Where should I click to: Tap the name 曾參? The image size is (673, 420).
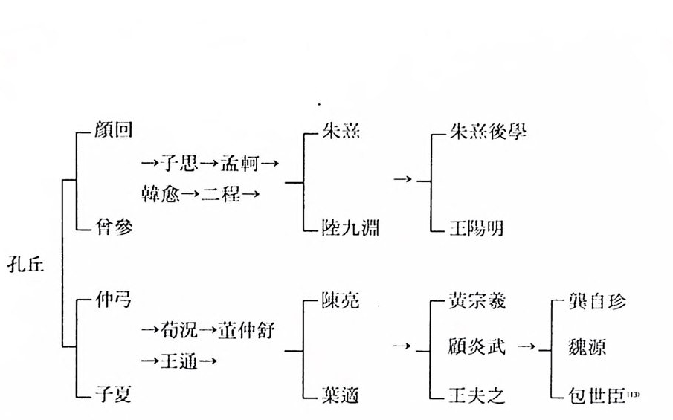pyautogui.click(x=112, y=227)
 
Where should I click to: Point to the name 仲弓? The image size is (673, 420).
pyautogui.click(x=112, y=301)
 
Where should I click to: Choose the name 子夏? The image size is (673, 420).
pyautogui.click(x=112, y=395)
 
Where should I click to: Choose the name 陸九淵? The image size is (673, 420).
pyautogui.click(x=351, y=227)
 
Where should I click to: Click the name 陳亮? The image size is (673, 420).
pyautogui.click(x=341, y=301)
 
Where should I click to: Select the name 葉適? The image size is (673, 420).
pyautogui.click(x=341, y=395)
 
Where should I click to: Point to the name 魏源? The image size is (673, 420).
pyautogui.click(x=585, y=347)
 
